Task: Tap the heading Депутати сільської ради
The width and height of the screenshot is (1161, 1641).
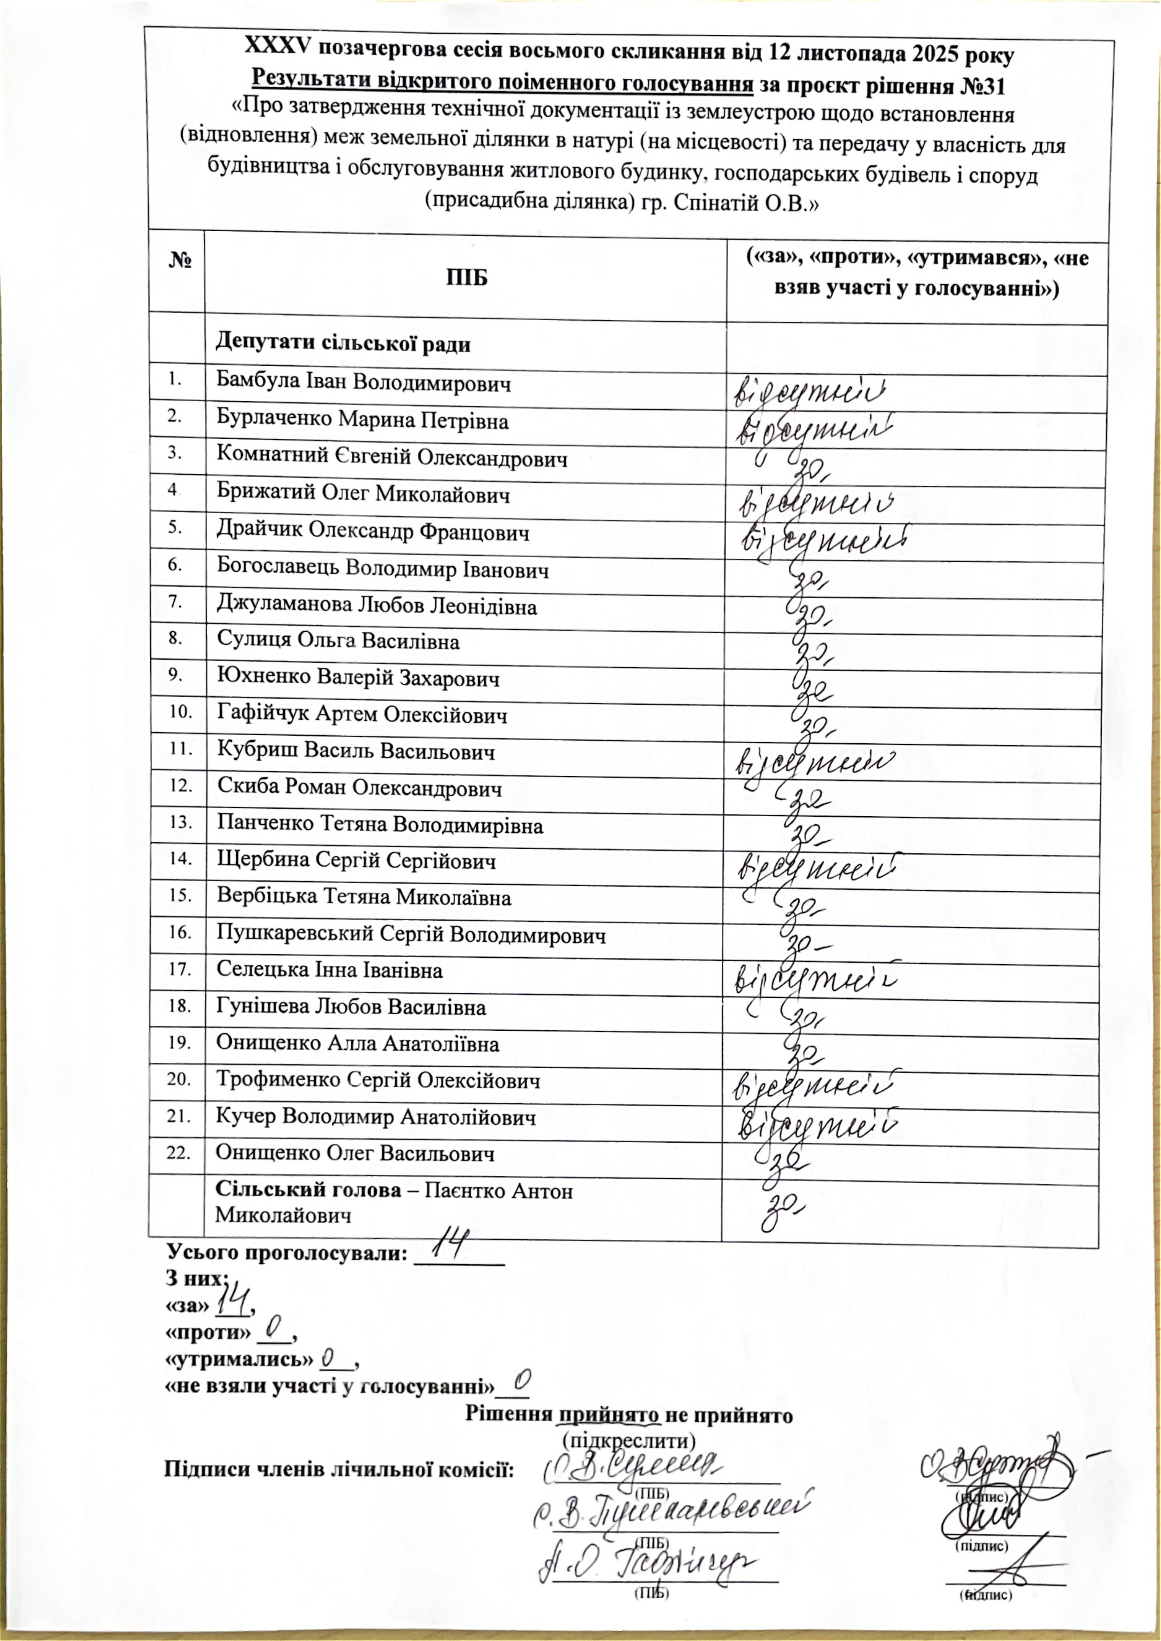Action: click(x=343, y=344)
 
